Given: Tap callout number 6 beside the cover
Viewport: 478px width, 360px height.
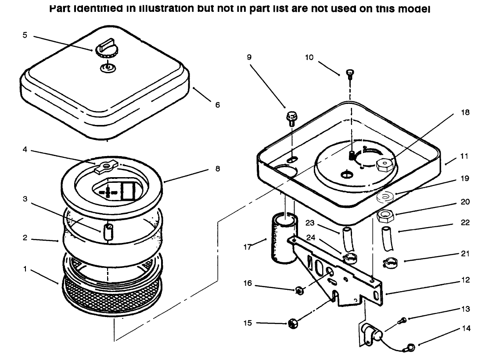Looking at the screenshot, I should tap(218, 105).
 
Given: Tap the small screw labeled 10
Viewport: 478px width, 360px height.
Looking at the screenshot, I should tap(350, 74).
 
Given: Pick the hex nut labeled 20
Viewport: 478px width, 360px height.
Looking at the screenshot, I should tap(385, 216).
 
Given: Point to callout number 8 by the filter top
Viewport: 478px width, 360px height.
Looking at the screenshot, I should tap(218, 169).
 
